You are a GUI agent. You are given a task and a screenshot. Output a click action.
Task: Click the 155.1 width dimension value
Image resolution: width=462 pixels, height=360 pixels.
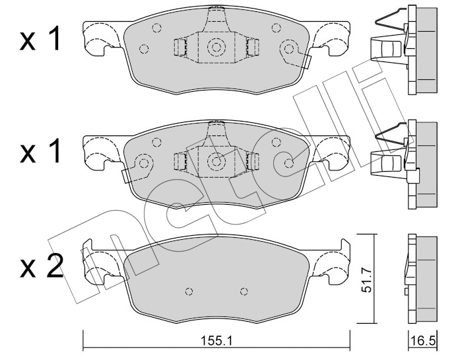click(216, 341)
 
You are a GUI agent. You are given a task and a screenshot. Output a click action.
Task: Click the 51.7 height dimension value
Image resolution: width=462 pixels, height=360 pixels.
click(366, 282)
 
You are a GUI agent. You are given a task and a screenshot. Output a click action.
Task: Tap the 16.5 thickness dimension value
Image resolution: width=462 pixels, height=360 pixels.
click(423, 341)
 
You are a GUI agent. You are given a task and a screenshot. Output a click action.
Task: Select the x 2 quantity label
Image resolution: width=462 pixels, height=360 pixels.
click(41, 267)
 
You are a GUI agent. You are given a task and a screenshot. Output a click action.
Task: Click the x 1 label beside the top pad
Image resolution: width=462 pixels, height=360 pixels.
click(41, 38)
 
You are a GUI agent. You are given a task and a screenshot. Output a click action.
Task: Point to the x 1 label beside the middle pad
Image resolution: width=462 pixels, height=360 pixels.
click(41, 151)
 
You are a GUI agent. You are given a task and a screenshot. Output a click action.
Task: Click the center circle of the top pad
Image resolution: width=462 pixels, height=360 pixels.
click(216, 47)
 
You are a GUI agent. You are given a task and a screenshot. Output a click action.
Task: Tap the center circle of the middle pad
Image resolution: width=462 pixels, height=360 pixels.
click(216, 161)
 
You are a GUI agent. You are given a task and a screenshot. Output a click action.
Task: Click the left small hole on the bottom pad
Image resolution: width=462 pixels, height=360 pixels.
click(189, 291)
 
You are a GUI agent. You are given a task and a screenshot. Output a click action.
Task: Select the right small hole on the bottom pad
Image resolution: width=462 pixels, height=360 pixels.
click(244, 291)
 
